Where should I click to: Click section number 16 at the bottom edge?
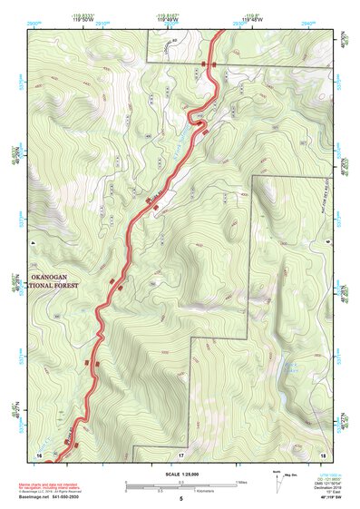coord(39,453)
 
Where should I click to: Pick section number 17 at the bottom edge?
coord(180,453)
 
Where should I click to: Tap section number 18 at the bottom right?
coord(322,453)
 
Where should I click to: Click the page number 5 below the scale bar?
coord(180,500)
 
